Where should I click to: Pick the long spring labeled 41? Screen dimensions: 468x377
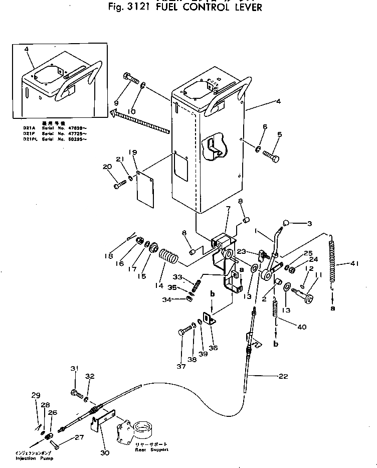point(332,264)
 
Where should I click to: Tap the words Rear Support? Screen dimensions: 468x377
point(151,449)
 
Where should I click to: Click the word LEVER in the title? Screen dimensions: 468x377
point(245,8)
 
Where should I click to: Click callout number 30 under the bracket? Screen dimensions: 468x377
point(104,453)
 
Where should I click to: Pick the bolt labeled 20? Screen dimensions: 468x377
point(119,186)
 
